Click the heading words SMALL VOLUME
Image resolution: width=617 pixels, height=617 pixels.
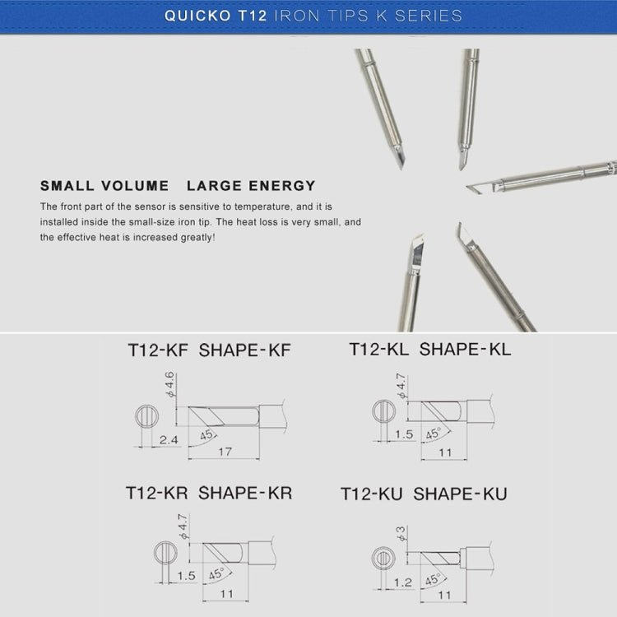[x=104, y=186]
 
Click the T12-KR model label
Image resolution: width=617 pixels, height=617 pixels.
[x=156, y=493]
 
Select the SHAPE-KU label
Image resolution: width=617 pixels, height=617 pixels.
[x=460, y=494]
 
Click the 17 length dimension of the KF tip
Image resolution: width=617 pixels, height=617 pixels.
[x=224, y=452]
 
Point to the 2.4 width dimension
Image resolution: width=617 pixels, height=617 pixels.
[x=168, y=441]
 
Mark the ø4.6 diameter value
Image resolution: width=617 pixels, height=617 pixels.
[x=170, y=385]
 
